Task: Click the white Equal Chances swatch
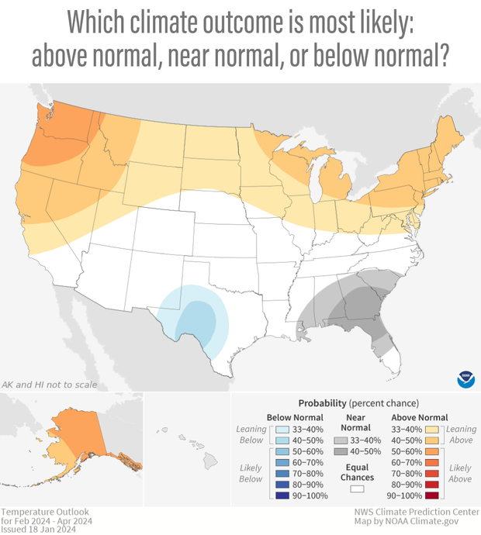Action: click(358, 488)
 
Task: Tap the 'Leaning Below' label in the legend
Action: click(252, 434)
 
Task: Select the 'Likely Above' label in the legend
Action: click(460, 474)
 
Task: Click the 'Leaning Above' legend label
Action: click(461, 434)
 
